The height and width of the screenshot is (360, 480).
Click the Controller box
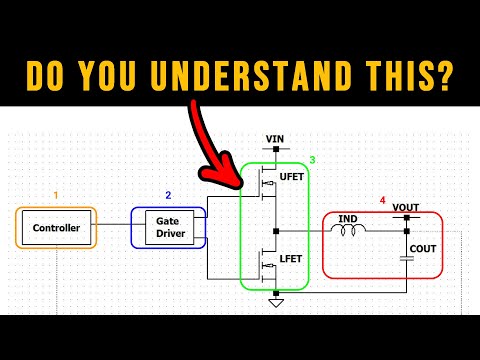[x=56, y=227]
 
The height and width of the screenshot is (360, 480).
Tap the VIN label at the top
[x=276, y=138]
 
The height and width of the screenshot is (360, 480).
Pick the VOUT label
[x=406, y=208]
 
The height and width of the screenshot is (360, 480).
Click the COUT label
[x=424, y=248]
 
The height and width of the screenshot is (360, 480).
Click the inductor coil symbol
[x=351, y=231]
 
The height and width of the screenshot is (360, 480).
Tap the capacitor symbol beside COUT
[x=406, y=258]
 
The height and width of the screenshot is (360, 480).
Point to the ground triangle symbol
[x=276, y=302]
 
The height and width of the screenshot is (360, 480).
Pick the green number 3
[x=312, y=160]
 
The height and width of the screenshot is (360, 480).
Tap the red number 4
[x=382, y=200]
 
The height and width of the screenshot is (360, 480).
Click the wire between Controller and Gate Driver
[x=114, y=227]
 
